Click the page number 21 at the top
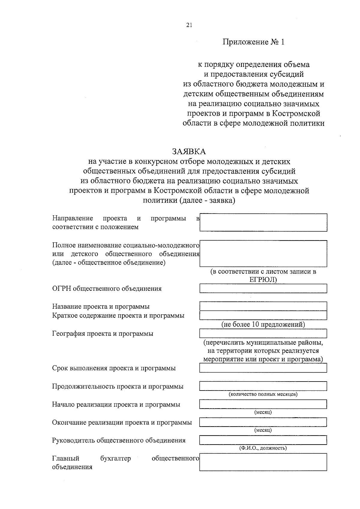[189, 25]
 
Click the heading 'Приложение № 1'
[253, 42]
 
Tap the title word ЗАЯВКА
[189, 151]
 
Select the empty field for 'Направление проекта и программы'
[263, 222]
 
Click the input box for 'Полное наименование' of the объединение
[263, 253]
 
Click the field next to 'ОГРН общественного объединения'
[263, 289]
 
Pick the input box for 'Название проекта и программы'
[263, 306]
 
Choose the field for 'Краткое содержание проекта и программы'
[263, 315]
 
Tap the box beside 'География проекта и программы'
[263, 333]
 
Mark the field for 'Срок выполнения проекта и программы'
[263, 368]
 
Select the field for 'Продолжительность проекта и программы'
[263, 386]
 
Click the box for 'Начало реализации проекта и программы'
[263, 404]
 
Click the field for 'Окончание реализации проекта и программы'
[263, 422]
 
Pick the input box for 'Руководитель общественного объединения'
[263, 440]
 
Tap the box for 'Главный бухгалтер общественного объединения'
[263, 462]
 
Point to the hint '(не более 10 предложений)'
[263, 324]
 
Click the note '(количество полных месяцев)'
[263, 394]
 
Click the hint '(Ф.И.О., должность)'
[263, 448]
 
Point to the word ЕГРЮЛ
[261, 280]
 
